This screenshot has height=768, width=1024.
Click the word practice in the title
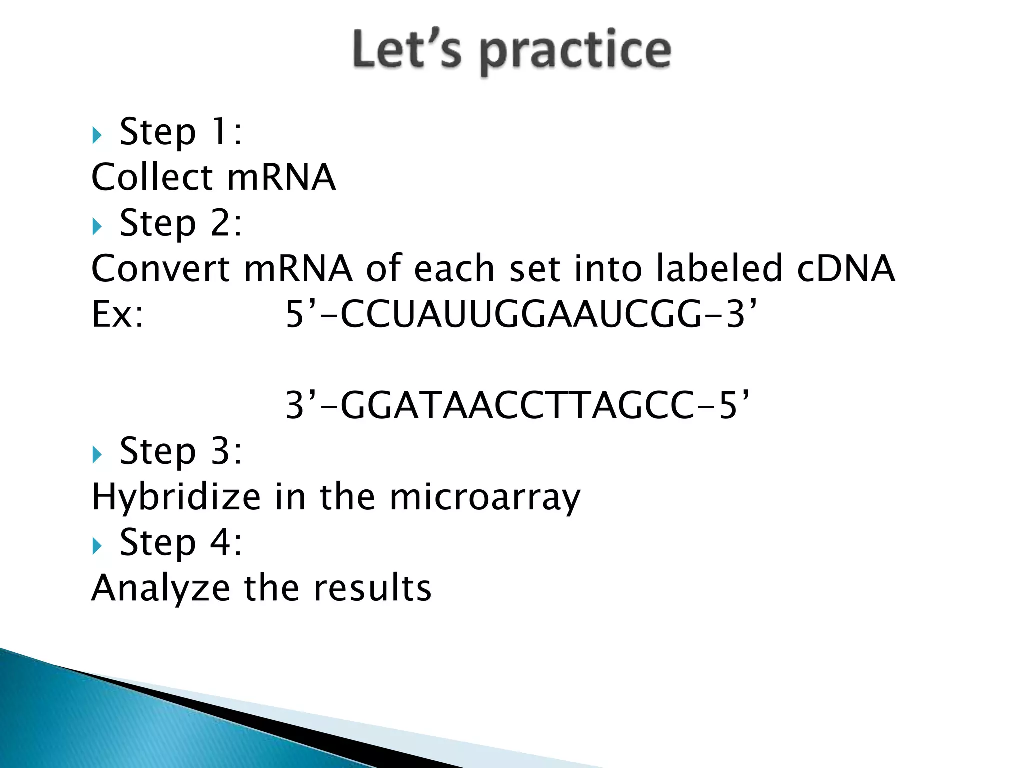click(x=575, y=52)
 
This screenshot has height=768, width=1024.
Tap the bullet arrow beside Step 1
click(x=97, y=135)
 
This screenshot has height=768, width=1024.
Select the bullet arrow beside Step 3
click(x=97, y=454)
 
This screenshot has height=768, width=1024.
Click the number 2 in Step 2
click(x=220, y=223)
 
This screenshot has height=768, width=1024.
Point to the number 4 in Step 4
click(x=220, y=542)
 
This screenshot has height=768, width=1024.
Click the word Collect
click(x=153, y=178)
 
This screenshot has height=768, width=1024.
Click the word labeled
click(x=719, y=269)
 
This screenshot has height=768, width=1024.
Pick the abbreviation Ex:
click(x=118, y=315)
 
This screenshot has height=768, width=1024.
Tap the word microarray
click(x=485, y=498)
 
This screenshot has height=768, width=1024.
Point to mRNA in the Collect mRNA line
click(x=281, y=178)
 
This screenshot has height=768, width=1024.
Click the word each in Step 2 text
click(x=454, y=269)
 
